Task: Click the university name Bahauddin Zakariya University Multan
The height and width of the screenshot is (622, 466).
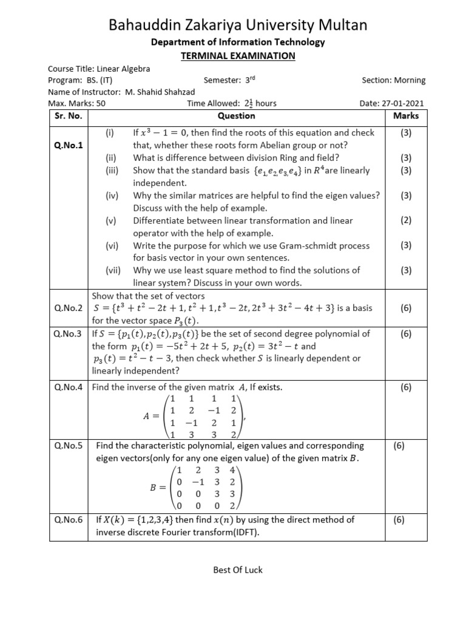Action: click(x=237, y=25)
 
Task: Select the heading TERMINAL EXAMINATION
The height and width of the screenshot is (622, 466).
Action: click(x=238, y=56)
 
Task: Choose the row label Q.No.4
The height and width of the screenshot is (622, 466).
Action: click(x=67, y=387)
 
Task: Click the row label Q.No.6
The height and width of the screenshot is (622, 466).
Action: click(x=67, y=520)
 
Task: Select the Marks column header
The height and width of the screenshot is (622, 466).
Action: click(x=406, y=115)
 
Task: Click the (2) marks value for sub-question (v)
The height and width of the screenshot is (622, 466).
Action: click(x=406, y=220)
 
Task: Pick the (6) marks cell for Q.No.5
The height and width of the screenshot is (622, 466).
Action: click(x=406, y=446)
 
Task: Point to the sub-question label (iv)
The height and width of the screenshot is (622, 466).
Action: click(x=113, y=195)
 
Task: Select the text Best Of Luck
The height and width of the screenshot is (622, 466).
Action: click(x=237, y=570)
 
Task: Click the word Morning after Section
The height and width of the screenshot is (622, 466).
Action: click(x=411, y=80)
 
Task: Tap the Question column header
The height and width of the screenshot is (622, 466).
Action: click(x=236, y=115)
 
